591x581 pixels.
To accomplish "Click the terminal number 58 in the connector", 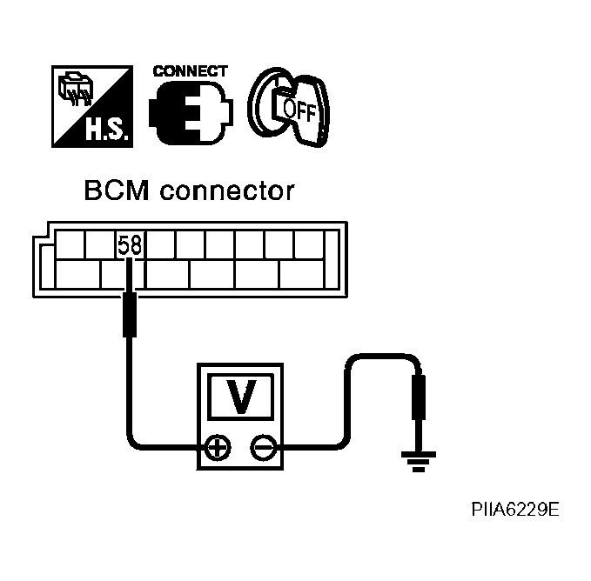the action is [130, 244].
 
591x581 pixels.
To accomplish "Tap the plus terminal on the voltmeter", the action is [218, 448].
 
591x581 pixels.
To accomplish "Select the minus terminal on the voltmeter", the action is [264, 448].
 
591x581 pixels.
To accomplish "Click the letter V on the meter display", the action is [241, 396].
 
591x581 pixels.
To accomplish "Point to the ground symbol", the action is [419, 462].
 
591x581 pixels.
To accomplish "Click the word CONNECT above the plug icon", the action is [191, 71].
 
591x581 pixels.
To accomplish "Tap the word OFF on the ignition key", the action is [299, 110].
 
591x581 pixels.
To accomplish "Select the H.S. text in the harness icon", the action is [109, 129].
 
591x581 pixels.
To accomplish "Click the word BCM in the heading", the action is [117, 190].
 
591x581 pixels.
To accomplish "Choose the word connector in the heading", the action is [227, 191].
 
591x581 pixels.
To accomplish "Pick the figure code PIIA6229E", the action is [515, 510].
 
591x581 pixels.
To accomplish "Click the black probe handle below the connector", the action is [130, 314].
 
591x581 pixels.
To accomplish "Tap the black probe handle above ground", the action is [419, 397].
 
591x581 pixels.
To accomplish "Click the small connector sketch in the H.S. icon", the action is [76, 89].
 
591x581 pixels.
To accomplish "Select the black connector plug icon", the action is [191, 112].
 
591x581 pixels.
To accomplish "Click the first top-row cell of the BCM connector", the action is [70, 244].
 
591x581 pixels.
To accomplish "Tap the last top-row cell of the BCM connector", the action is [309, 244].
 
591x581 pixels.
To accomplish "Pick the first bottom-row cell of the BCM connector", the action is [78, 274].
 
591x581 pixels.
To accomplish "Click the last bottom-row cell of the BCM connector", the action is [301, 274].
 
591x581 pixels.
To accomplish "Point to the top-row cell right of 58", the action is [160, 244].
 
